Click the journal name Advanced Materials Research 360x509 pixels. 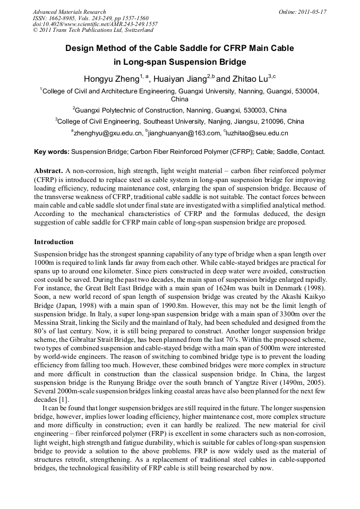69,12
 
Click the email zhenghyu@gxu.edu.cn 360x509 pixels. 108,133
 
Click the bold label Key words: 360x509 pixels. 52,152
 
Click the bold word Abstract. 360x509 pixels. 48,171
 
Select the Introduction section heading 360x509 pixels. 54,241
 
